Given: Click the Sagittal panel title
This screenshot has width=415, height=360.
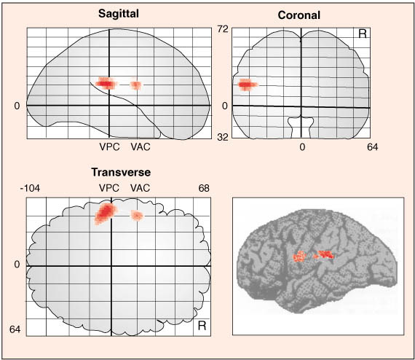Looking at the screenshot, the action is (119, 14).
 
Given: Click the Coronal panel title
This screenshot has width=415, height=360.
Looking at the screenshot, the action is (299, 15).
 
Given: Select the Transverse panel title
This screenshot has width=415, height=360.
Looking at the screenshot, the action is (121, 172).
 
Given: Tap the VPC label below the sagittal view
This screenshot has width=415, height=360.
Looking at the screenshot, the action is (109, 146).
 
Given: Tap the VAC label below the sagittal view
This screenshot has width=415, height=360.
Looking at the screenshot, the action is (141, 146).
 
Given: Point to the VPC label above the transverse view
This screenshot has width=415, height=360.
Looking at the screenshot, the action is (109, 188).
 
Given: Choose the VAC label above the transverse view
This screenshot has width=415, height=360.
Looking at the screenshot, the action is (141, 188).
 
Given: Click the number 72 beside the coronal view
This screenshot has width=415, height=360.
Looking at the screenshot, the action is (223, 29).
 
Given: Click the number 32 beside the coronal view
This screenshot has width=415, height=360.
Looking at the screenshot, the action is (223, 137).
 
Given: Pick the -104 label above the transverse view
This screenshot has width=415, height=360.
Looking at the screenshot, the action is (30, 188).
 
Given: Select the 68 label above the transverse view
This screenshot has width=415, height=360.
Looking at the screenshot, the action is (204, 188).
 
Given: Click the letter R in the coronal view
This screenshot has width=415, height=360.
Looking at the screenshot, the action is (363, 34).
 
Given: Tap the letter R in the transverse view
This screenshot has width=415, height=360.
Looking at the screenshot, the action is (202, 326).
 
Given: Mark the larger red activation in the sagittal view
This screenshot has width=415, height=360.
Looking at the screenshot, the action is (106, 83).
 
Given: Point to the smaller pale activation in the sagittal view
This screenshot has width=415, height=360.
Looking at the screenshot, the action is (136, 85).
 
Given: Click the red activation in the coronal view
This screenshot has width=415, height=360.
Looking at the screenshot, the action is (247, 85).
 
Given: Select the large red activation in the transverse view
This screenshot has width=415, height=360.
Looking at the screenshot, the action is (106, 213).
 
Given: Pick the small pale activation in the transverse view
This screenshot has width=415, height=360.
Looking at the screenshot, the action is (137, 216).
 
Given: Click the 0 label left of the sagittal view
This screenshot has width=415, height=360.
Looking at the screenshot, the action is (17, 106).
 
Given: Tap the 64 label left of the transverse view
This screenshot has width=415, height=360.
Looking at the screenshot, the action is (15, 329).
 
